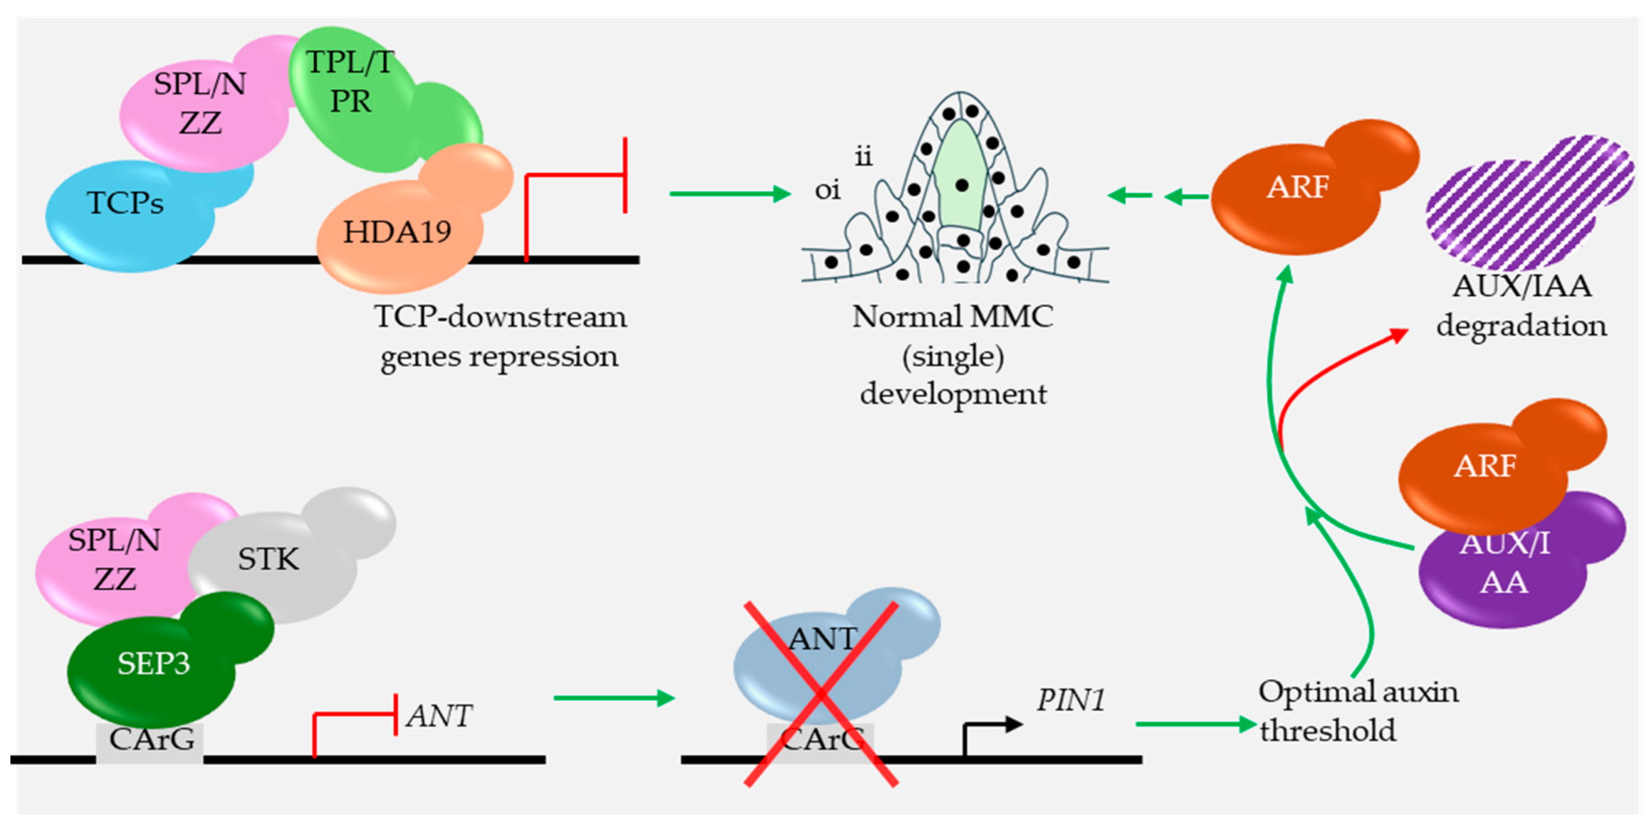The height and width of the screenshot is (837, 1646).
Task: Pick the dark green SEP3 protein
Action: [153, 665]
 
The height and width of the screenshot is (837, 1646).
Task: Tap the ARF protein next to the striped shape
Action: [1297, 191]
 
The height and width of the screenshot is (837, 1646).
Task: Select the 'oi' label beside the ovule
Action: [827, 190]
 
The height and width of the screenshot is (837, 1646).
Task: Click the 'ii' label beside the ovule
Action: [863, 156]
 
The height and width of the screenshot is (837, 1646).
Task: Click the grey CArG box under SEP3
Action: [151, 741]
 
